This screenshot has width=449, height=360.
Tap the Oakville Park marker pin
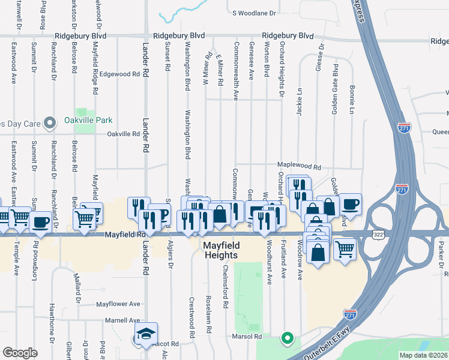point(52,122)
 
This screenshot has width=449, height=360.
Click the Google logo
point(20,353)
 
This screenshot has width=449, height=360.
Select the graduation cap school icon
point(145,336)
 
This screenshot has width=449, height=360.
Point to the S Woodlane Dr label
point(253,13)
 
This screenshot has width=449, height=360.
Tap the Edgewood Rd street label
point(119,74)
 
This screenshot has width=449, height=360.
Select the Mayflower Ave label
point(118,304)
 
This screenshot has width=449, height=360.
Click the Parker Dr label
point(440,256)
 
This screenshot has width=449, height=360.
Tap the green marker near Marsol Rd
point(288,338)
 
